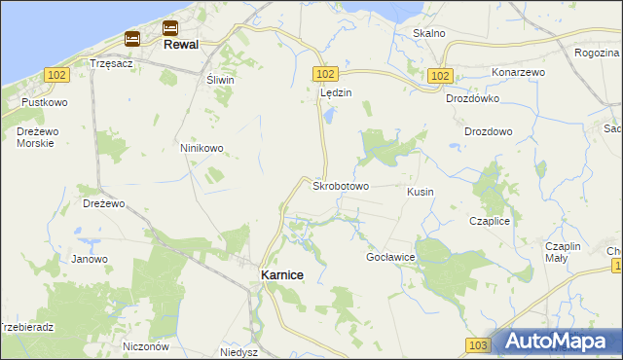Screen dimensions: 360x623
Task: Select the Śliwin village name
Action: pos(219,81)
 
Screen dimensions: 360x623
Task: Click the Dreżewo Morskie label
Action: pos(35,136)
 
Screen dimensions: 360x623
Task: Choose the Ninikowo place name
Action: pos(202,149)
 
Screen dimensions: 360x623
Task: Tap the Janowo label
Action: pos(89,259)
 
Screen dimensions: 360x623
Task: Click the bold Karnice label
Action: pos(281,275)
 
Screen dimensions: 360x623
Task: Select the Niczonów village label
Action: pos(147,345)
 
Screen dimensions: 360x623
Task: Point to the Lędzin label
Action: pos(335,92)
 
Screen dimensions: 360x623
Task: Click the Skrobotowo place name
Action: pos(340,185)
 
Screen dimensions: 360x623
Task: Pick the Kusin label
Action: pos(421,192)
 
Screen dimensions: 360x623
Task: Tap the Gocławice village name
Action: pos(391,257)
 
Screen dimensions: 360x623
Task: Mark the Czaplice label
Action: pos(489,221)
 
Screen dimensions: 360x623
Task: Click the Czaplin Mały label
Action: pos(563,252)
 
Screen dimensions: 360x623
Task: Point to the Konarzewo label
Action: pos(518,72)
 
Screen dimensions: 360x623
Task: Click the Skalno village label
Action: pos(428,33)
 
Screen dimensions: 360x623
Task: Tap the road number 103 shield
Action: pos(476,344)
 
